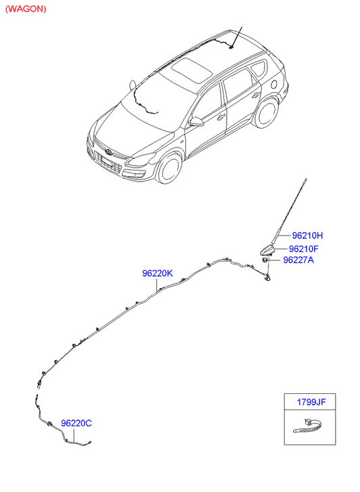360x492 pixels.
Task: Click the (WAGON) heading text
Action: (x=26, y=9)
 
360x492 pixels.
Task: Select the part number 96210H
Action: (x=307, y=236)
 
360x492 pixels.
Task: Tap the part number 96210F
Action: (x=304, y=249)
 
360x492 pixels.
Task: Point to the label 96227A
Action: (x=298, y=260)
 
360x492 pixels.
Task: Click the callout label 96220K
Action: (x=157, y=273)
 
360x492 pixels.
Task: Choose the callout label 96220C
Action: (x=76, y=423)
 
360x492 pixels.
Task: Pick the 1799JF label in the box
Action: (x=311, y=402)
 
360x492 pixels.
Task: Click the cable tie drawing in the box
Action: (x=307, y=426)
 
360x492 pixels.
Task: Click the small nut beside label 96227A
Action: (x=265, y=260)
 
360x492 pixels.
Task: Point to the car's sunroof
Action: (x=191, y=70)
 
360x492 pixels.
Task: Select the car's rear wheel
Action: (x=266, y=112)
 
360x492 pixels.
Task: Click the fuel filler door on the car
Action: (x=273, y=85)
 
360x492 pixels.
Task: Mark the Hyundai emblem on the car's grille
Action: (x=109, y=152)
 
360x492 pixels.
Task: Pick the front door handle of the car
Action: (x=221, y=117)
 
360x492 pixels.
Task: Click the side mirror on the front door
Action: (x=196, y=122)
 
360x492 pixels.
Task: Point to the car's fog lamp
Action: (x=139, y=174)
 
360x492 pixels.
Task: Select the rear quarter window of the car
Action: (x=258, y=69)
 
